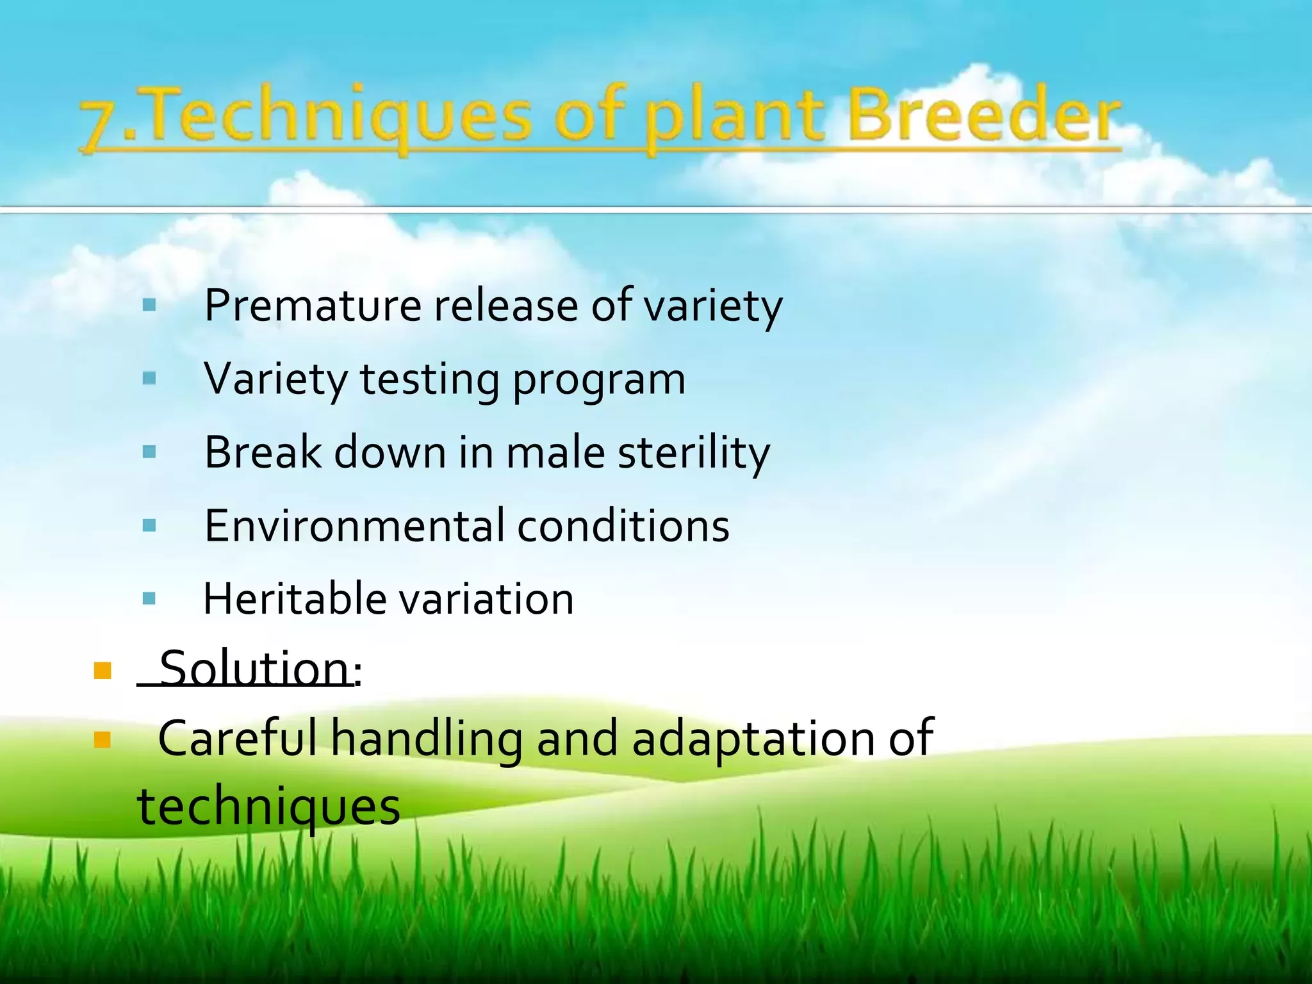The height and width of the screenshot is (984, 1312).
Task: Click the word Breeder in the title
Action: pyautogui.click(x=984, y=115)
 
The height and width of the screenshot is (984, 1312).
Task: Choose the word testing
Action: pyautogui.click(x=430, y=381)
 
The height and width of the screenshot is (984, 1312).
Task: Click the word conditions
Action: pyautogui.click(x=623, y=526)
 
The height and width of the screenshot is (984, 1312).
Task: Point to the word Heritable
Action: pyautogui.click(x=295, y=599)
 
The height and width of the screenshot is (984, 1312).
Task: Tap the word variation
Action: pyautogui.click(x=487, y=600)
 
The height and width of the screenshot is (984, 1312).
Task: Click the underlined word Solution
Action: pyautogui.click(x=254, y=668)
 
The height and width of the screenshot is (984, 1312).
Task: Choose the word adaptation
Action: pyautogui.click(x=753, y=741)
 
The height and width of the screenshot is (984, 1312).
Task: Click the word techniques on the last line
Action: pyautogui.click(x=269, y=809)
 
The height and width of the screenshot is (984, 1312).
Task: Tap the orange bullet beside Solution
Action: pyautogui.click(x=102, y=671)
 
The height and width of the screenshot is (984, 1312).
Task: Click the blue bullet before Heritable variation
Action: pyautogui.click(x=149, y=599)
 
